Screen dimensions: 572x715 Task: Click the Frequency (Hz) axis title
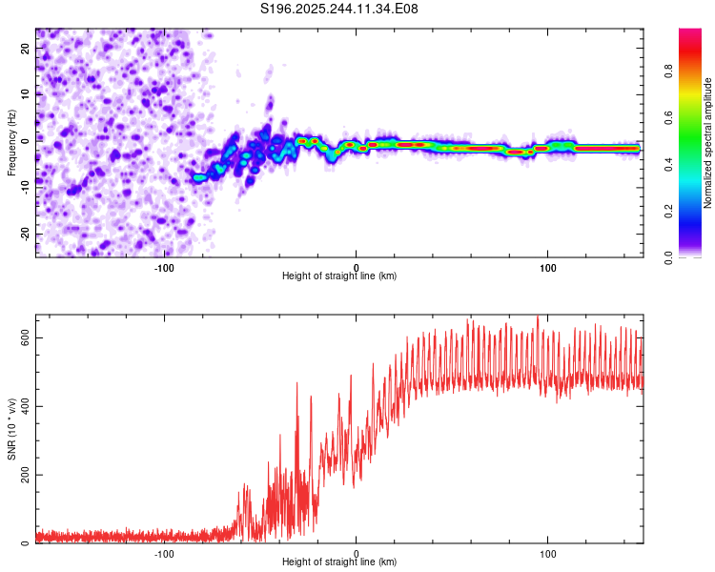(12, 142)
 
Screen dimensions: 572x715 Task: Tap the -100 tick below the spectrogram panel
(164, 267)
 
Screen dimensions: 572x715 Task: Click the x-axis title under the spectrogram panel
(339, 276)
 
